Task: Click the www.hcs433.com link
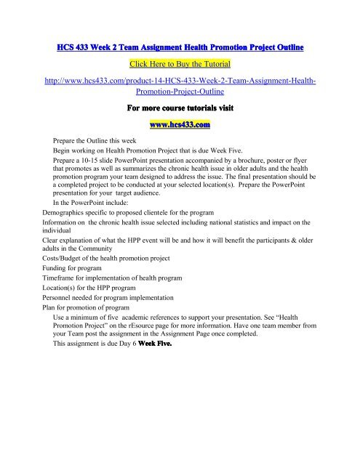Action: click(x=179, y=125)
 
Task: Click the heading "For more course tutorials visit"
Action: click(x=180, y=108)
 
